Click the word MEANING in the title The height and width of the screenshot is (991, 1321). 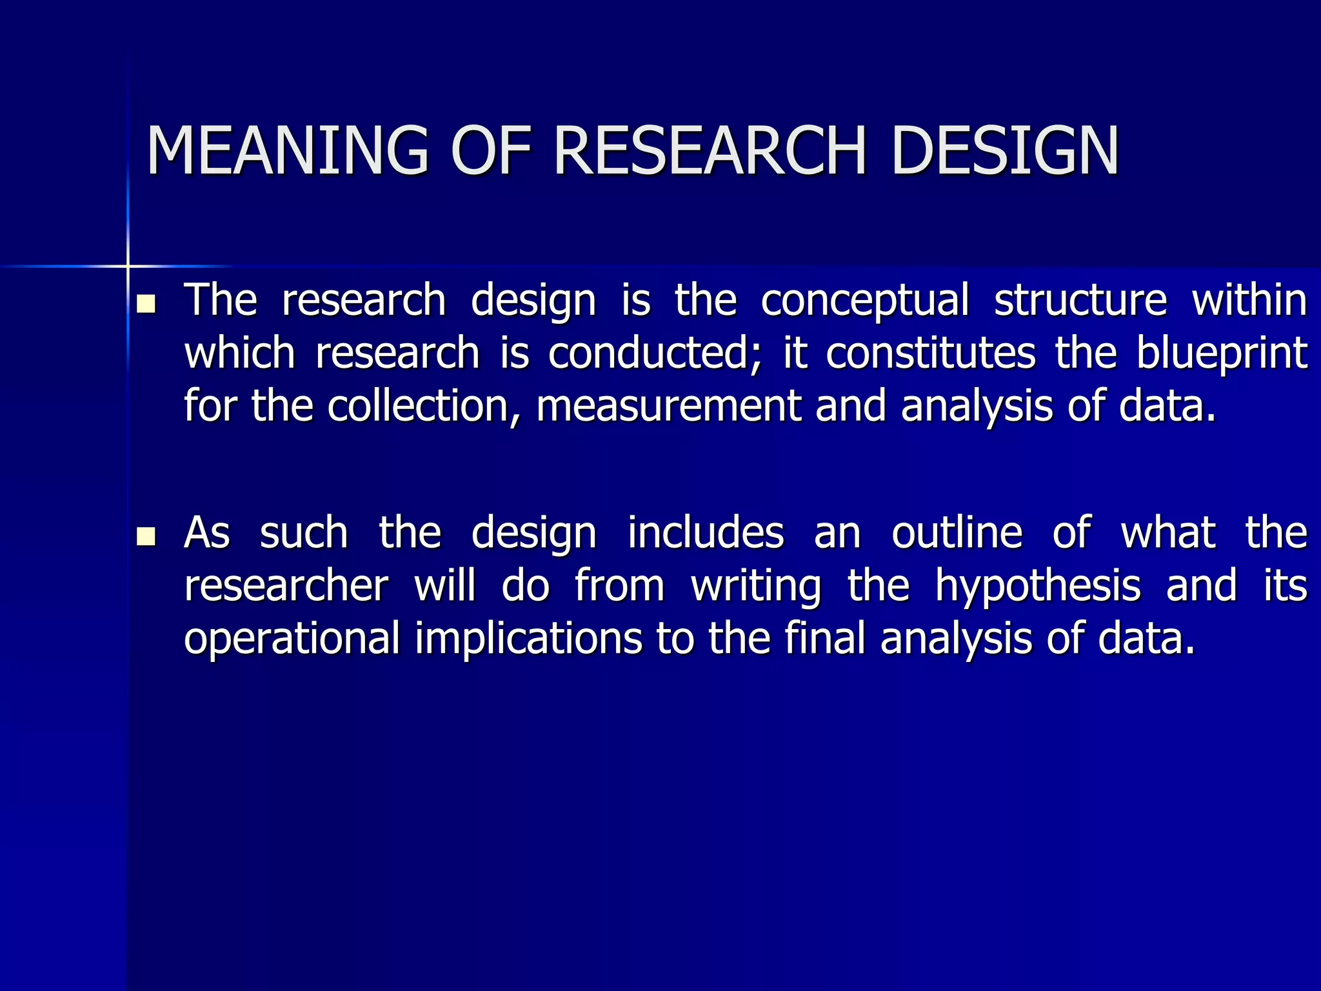287,150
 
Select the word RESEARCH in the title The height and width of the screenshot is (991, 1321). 710,150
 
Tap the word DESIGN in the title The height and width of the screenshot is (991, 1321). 1005,150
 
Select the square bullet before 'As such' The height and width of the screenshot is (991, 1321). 147,536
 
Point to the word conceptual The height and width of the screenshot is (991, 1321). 864,301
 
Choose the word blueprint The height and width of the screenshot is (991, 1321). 1222,354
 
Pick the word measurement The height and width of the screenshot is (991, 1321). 668,406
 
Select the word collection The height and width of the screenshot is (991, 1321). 423,406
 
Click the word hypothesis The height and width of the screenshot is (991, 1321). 1038,586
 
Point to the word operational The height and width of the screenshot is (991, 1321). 292,639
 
